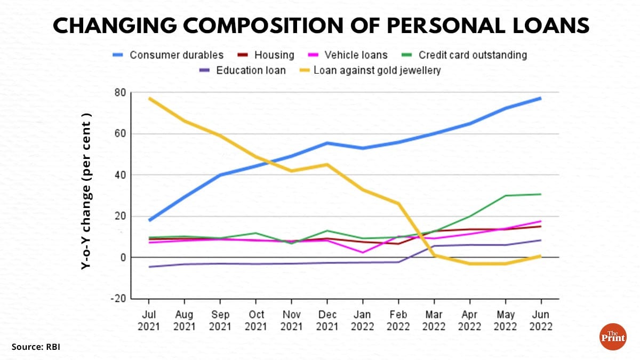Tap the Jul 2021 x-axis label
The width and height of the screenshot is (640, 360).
(x=149, y=320)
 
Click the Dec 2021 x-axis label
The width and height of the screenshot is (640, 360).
(x=327, y=320)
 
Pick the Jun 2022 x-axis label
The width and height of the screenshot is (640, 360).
(x=541, y=320)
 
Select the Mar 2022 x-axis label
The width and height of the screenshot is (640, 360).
(x=434, y=320)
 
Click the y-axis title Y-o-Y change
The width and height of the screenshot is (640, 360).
(x=86, y=191)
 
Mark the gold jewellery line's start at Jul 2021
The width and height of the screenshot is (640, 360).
(x=149, y=98)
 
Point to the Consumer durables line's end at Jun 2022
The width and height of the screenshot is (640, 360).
(x=541, y=98)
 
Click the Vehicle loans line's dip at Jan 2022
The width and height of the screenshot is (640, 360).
(x=363, y=252)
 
